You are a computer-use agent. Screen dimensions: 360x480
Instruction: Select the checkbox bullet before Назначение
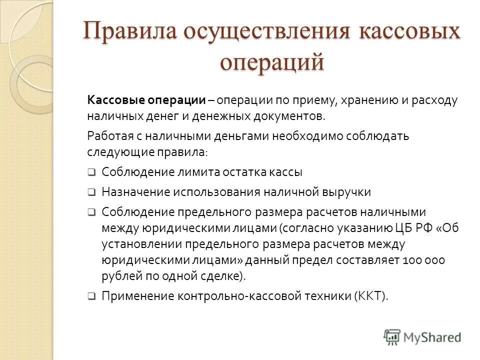pos(91,192)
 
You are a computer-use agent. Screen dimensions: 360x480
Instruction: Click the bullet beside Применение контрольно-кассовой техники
pos(91,296)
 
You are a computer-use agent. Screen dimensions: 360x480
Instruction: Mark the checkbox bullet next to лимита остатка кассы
pos(91,172)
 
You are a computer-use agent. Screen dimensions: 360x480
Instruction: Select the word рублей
pos(118,276)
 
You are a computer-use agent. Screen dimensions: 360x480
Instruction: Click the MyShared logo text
pos(433,337)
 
